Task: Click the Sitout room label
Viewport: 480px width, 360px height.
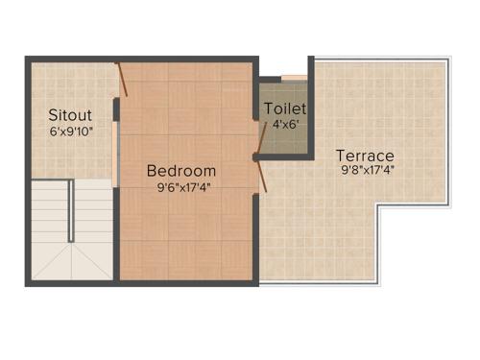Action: [70, 115]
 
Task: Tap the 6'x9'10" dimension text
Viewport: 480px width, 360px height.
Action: [70, 132]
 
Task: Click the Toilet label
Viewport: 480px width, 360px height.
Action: [285, 108]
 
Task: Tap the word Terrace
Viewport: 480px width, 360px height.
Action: [364, 155]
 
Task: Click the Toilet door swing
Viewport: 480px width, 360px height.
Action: [263, 108]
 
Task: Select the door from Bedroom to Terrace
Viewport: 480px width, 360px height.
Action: [262, 174]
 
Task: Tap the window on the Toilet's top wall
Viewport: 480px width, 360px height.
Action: [294, 76]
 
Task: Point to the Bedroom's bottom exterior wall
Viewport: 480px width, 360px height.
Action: [187, 282]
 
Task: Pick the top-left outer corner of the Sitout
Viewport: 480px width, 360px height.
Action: [28, 60]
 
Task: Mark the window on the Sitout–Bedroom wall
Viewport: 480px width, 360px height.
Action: [115, 149]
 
